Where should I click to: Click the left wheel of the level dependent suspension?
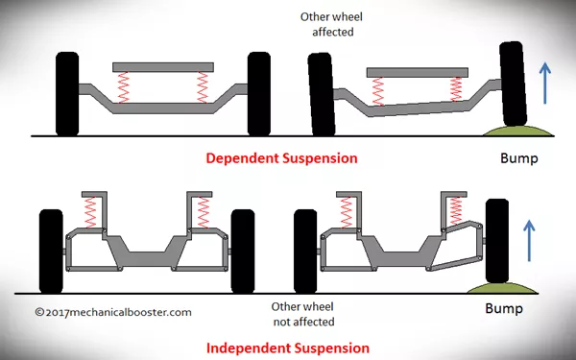tap(66, 93)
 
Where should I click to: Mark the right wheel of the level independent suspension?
tap(243, 250)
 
